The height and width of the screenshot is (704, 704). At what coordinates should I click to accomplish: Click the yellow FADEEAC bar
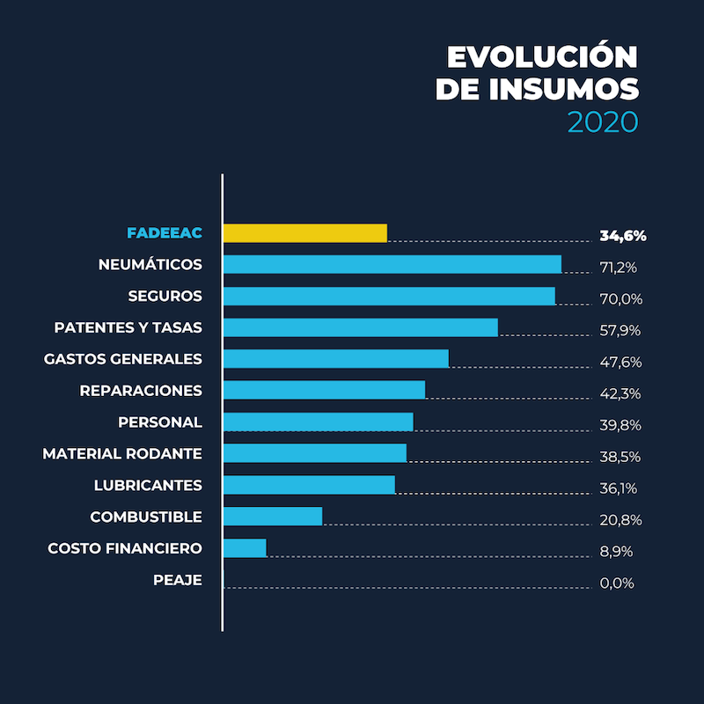tap(304, 233)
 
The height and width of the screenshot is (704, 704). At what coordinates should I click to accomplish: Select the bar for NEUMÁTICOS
tap(392, 264)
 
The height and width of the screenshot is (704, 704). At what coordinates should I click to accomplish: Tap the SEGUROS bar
tap(389, 296)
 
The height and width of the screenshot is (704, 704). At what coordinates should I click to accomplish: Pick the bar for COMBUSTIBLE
tap(273, 517)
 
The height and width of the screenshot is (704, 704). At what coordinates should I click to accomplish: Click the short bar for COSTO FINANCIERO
tap(245, 548)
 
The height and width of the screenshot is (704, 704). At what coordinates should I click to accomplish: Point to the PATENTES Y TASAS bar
tap(360, 327)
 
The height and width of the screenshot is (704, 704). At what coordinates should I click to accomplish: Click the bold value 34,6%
tap(623, 236)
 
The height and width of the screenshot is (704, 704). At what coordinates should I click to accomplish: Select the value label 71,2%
tap(620, 268)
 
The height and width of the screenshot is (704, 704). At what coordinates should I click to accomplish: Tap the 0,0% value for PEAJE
tap(617, 583)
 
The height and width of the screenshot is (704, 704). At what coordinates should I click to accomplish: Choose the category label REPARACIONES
tap(141, 391)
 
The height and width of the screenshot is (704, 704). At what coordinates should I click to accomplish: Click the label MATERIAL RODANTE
tap(122, 454)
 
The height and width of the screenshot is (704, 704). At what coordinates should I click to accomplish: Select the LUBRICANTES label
tap(148, 486)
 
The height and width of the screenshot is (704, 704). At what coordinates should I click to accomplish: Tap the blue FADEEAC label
tap(165, 233)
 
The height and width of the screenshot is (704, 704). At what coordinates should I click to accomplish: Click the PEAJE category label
tap(177, 580)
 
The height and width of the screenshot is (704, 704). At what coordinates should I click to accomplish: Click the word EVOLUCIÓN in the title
tap(542, 57)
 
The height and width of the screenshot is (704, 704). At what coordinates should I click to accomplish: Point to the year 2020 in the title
tap(602, 121)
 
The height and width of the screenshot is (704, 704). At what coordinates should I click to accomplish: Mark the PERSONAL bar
tap(318, 422)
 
